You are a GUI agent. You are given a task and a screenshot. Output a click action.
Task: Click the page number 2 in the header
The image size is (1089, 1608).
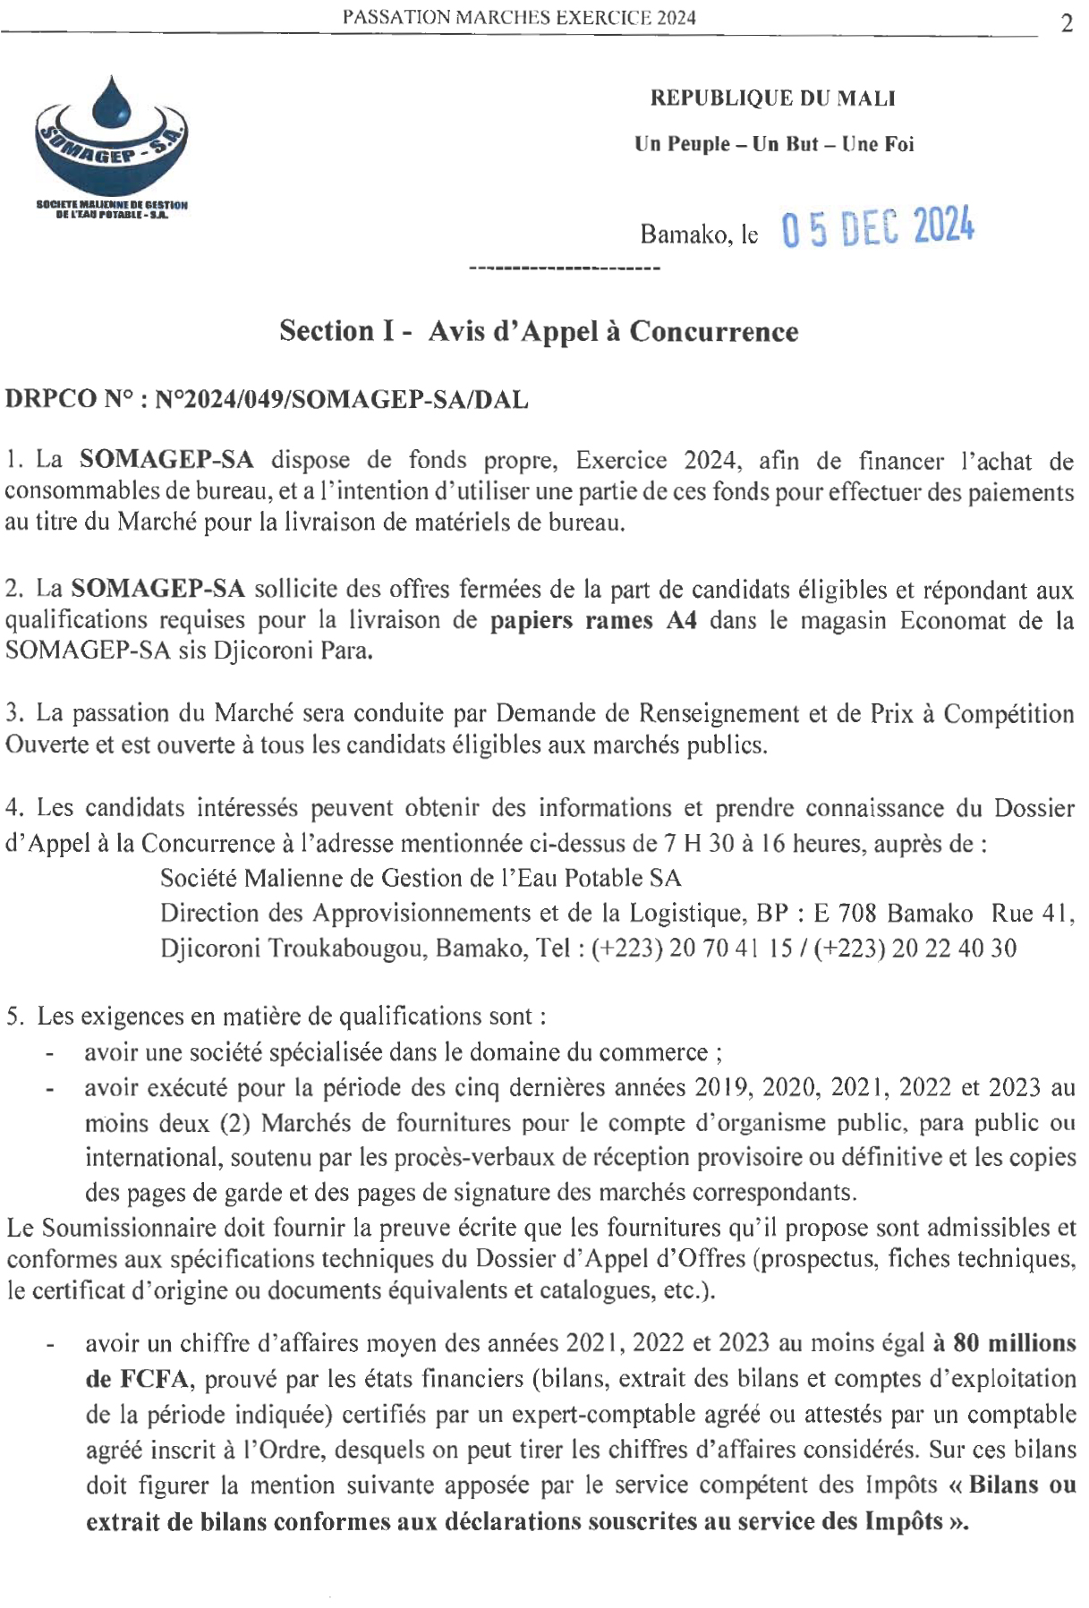click(x=1066, y=24)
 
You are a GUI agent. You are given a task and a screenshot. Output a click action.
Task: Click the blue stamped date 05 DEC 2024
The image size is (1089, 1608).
click(x=877, y=229)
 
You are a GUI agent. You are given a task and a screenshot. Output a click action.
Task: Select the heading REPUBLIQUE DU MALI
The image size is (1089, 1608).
click(x=772, y=98)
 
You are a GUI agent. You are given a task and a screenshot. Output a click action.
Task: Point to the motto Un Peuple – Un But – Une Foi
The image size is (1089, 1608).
click(x=774, y=144)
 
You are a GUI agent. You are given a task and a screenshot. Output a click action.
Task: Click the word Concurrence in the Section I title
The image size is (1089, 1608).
click(x=713, y=332)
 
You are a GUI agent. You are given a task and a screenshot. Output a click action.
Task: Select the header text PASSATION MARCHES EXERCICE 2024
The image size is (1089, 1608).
click(x=519, y=17)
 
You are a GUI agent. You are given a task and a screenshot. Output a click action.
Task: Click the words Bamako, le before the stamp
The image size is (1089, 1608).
click(x=699, y=235)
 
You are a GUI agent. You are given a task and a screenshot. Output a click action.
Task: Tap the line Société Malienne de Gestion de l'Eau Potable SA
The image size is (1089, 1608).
click(x=421, y=878)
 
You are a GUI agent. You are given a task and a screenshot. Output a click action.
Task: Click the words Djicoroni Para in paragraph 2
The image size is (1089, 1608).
click(x=292, y=651)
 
